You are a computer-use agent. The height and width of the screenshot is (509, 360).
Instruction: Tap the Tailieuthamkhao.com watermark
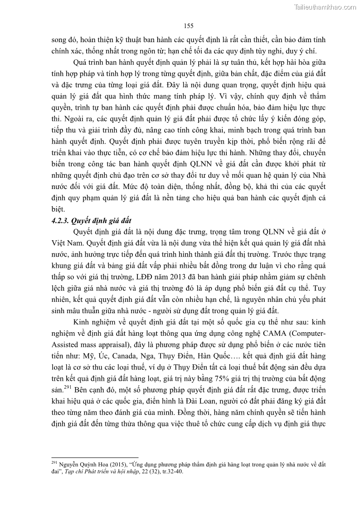pyautogui.click(x=325, y=7)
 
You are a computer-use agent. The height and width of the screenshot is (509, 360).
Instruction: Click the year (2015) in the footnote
pyautogui.click(x=116, y=465)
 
